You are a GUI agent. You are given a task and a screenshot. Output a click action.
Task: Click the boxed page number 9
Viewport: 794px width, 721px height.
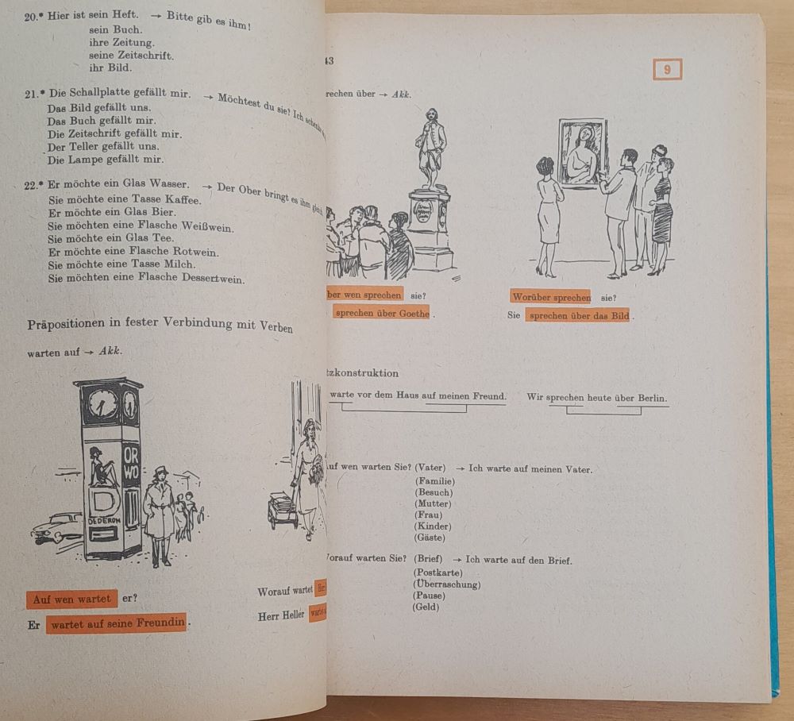point(667,70)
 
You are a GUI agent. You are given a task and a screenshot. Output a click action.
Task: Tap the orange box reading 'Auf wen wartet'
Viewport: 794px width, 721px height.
point(71,599)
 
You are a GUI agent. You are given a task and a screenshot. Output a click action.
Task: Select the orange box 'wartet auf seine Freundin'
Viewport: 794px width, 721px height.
point(117,624)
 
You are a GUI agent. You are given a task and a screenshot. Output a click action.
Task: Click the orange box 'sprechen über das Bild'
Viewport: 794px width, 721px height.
point(579,315)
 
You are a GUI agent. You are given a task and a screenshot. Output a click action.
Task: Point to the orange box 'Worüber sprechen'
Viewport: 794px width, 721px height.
point(550,297)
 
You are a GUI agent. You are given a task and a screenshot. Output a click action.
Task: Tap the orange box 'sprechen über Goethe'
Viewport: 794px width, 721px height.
point(381,313)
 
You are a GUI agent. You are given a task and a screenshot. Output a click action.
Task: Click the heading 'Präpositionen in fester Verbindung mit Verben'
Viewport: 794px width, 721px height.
point(160,324)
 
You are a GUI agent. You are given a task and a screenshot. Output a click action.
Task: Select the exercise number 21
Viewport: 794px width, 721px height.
point(32,94)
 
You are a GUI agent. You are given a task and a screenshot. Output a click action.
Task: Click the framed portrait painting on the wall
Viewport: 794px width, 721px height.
point(583,152)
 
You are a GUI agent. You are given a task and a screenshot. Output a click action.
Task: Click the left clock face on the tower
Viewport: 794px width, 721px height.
point(101,406)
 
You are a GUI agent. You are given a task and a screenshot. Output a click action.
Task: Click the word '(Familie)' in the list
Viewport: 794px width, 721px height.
point(434,481)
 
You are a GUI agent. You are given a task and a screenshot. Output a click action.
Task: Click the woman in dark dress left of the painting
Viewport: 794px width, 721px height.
point(547,214)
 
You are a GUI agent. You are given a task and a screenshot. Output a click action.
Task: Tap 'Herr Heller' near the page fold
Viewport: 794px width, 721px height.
point(281,615)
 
